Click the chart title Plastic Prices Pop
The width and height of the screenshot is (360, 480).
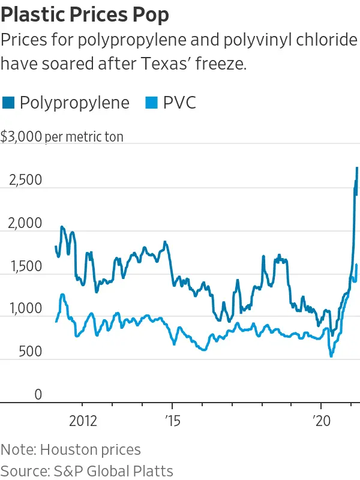tap(85, 14)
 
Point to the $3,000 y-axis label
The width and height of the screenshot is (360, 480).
tap(21, 137)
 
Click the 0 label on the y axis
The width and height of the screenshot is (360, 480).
tap(38, 395)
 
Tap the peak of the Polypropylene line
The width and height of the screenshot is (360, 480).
tap(357, 167)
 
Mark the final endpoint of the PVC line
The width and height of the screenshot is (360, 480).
tap(356, 265)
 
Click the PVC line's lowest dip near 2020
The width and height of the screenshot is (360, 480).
tap(331, 356)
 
